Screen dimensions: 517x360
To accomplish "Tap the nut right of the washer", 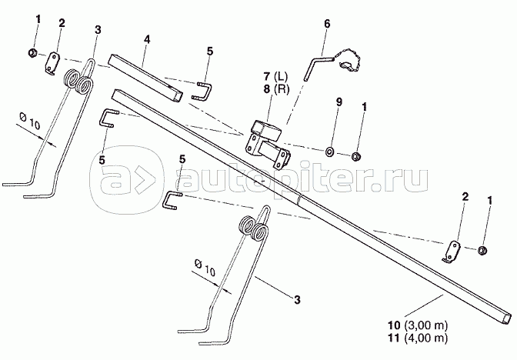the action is pos(356,158).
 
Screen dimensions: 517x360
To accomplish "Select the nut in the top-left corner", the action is pos(32,53).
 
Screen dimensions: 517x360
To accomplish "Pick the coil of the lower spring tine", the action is pos(253,227).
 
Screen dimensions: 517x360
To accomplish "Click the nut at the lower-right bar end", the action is pos(481,249).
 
